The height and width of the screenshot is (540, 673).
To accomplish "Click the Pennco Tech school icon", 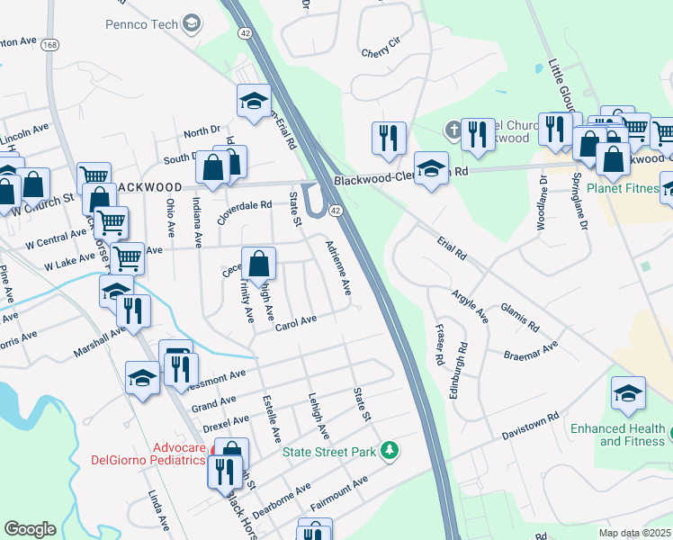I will pyautogui.click(x=192, y=23).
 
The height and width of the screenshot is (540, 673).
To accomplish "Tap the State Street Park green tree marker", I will pyautogui.click(x=389, y=449).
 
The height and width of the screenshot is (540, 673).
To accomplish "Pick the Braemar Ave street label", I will pyautogui.click(x=532, y=349).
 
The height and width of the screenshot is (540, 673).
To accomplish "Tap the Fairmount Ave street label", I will pyautogui.click(x=338, y=496).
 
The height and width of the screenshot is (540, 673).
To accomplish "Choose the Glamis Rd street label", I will pyautogui.click(x=520, y=317).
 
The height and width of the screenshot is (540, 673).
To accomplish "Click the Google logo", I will pyautogui.click(x=30, y=529).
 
